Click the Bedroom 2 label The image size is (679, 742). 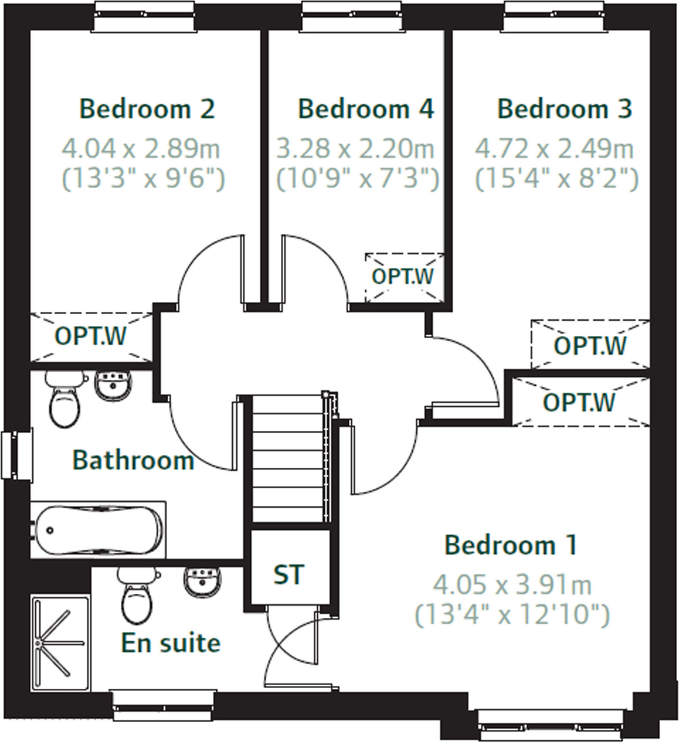pos(147,109)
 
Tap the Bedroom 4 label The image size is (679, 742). pos(366,109)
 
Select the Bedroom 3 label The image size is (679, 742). pos(565,109)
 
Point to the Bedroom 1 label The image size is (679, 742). pos(510,546)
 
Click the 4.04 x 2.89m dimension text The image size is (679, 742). pos(141,149)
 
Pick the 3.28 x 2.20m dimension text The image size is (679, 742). pos(355,149)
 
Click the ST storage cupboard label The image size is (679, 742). pos(289,575)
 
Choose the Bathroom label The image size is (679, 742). pos(133,460)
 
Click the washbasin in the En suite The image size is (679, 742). pos(203,580)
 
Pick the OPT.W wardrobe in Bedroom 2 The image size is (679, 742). pos(91,337)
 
